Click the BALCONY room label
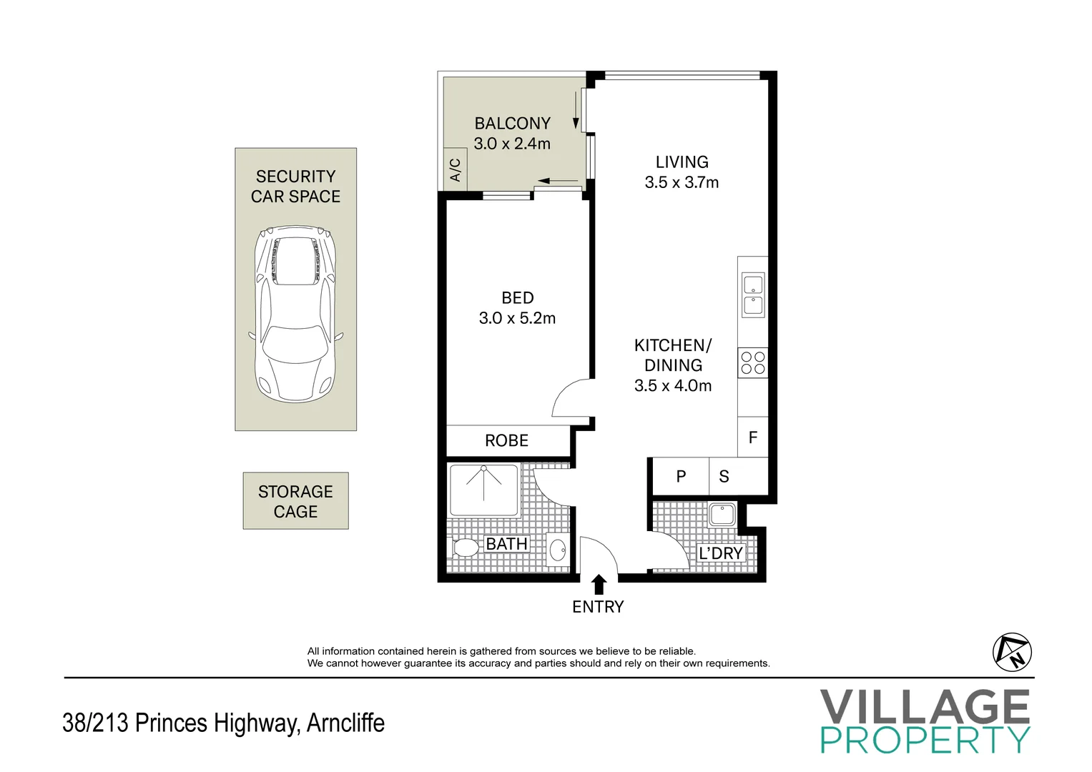(x=512, y=123)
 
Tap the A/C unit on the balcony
(x=455, y=169)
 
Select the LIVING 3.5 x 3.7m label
(x=682, y=172)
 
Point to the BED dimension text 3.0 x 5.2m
(x=517, y=318)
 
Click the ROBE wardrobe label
(x=506, y=440)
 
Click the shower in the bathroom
(x=484, y=490)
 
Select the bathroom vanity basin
(x=557, y=549)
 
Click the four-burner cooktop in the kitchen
(x=753, y=363)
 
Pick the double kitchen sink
(x=753, y=295)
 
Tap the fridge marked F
(x=753, y=437)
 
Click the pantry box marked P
(x=681, y=476)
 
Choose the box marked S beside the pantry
(x=724, y=476)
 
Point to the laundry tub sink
(x=722, y=515)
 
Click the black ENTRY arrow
(x=599, y=585)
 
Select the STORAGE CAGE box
(x=295, y=501)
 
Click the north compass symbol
(x=1012, y=652)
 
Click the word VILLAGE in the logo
(x=925, y=707)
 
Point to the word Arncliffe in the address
(x=345, y=722)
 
